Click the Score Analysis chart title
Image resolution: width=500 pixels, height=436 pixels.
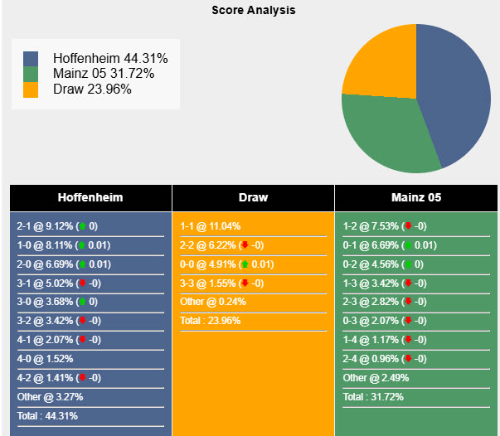[253, 11]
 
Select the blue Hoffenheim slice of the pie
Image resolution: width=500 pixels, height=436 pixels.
[452, 91]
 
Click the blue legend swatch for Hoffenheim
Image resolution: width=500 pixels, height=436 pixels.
[31, 60]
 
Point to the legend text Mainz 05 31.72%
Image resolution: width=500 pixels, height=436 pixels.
[103, 74]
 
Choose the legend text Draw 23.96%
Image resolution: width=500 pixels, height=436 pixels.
[92, 89]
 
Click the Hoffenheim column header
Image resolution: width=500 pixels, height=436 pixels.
[90, 198]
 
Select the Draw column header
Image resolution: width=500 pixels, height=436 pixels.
[253, 198]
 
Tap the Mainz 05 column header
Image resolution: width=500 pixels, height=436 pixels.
[415, 198]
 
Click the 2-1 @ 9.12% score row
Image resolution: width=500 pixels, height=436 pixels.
[57, 226]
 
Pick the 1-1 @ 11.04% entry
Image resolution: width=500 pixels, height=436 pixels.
[211, 226]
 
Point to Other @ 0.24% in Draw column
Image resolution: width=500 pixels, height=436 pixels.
[210, 302]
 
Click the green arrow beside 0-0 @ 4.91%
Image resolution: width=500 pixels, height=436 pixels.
[245, 264]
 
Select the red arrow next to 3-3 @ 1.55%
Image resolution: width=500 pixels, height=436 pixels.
[245, 283]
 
